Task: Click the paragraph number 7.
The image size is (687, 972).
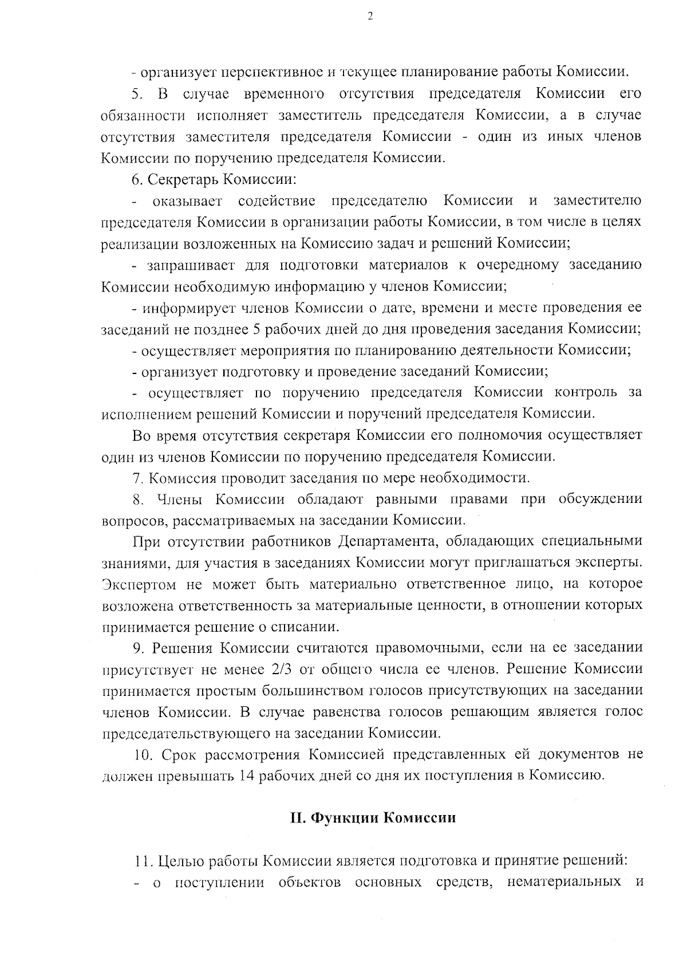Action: (137, 477)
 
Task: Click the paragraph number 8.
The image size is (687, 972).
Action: (137, 499)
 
